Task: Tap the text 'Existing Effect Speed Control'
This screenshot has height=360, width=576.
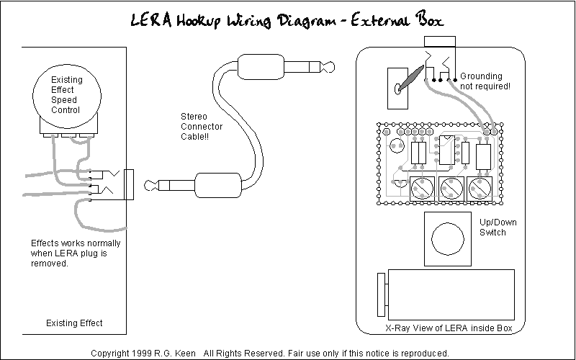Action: click(66, 95)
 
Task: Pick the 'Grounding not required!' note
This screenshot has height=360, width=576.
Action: click(486, 81)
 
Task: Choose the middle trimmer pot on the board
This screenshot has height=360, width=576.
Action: click(450, 189)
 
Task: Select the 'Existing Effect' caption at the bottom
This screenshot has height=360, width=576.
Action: click(74, 323)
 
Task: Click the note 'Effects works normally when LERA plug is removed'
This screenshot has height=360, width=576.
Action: click(76, 253)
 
